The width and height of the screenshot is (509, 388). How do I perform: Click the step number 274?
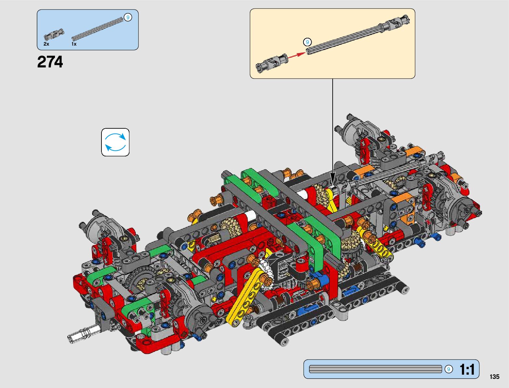pyautogui.click(x=50, y=62)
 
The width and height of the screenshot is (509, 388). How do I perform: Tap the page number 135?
pyautogui.click(x=494, y=377)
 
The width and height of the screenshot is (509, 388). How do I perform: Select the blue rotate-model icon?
pyautogui.click(x=115, y=142)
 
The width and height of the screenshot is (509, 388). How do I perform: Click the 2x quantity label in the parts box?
pyautogui.click(x=47, y=44)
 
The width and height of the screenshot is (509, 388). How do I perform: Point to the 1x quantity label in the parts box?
pyautogui.click(x=74, y=44)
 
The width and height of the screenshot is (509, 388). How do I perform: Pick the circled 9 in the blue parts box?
pyautogui.click(x=128, y=17)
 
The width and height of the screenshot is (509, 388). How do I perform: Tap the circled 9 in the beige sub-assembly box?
pyautogui.click(x=307, y=42)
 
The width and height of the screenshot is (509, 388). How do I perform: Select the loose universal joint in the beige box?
pyautogui.click(x=271, y=63)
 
